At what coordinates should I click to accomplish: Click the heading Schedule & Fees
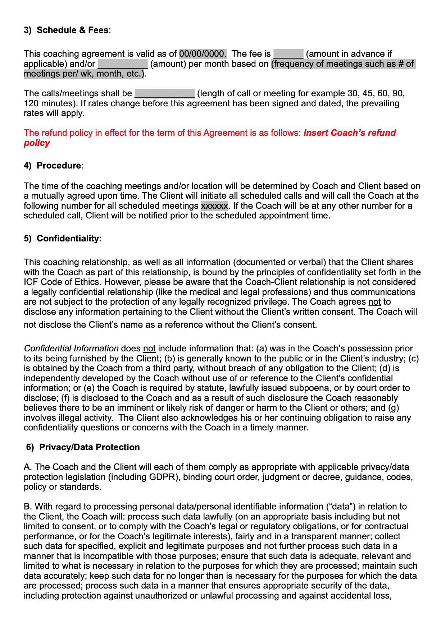tap(72, 30)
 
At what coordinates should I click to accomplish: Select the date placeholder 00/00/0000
tap(203, 54)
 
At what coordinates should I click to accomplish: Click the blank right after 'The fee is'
tap(288, 54)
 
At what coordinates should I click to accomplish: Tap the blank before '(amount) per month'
tap(123, 64)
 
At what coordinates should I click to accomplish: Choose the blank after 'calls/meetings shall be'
tap(164, 93)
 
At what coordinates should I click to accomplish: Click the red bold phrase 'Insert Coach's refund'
tap(349, 133)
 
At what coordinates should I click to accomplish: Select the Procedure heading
tap(59, 166)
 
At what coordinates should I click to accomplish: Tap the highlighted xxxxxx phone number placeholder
tap(214, 206)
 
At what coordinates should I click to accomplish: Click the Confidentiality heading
tap(68, 239)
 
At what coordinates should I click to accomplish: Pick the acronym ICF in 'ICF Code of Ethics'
tap(31, 282)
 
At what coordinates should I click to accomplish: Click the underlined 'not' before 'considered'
tap(363, 282)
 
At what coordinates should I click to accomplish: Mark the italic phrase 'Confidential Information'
tap(71, 349)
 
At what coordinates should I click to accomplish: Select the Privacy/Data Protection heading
tap(89, 447)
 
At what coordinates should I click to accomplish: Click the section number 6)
tap(30, 447)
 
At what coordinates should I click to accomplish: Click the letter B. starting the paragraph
tap(28, 507)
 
